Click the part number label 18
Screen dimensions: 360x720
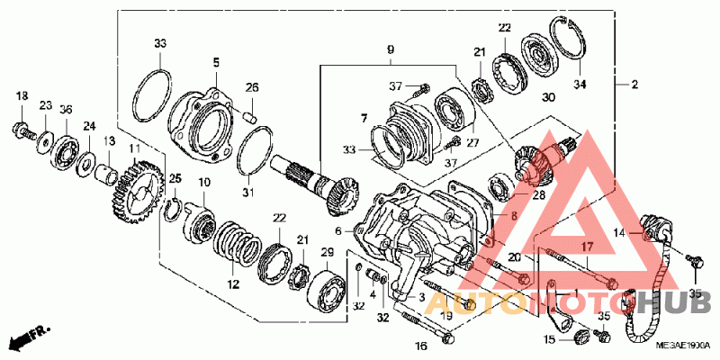click(x=22, y=95)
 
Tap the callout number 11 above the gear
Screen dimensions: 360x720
click(x=134, y=148)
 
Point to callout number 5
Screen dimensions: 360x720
click(x=216, y=62)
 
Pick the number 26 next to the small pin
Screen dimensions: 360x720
click(x=252, y=87)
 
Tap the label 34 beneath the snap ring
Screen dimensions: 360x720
click(x=580, y=85)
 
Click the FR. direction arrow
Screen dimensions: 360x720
click(x=27, y=339)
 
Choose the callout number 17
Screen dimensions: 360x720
click(x=586, y=246)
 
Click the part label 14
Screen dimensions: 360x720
click(x=618, y=233)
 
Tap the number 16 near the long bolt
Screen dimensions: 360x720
click(x=420, y=346)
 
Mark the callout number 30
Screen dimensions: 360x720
click(x=549, y=97)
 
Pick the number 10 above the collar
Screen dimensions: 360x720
click(x=204, y=183)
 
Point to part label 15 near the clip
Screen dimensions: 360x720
click(x=549, y=339)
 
